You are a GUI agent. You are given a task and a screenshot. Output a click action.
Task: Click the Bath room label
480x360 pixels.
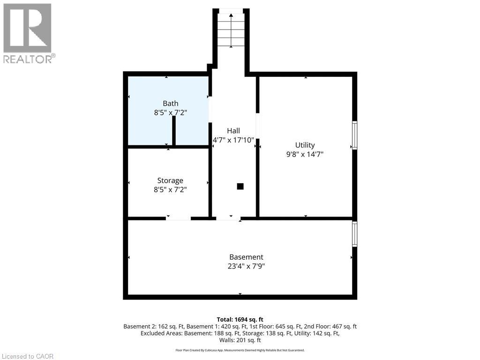[170, 104]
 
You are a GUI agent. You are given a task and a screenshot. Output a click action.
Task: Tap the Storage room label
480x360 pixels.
[170, 180]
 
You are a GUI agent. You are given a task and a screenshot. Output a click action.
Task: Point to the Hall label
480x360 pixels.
[233, 131]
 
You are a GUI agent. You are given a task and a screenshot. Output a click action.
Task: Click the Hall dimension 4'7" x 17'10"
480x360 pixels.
[233, 140]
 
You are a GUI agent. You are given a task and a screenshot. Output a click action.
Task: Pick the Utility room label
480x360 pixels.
[305, 145]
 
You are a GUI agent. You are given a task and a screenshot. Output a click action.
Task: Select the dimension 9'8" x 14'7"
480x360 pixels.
[305, 154]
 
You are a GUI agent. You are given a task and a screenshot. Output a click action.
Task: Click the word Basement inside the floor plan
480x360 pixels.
[246, 257]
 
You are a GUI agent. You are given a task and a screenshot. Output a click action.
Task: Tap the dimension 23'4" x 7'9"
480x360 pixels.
[246, 266]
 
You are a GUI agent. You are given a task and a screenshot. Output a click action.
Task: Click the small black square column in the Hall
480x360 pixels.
[240, 186]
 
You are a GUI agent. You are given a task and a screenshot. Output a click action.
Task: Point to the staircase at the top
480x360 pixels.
[231, 30]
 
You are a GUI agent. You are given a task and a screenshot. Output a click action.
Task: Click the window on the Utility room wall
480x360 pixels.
[355, 135]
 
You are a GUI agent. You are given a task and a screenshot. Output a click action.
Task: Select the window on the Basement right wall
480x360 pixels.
[355, 234]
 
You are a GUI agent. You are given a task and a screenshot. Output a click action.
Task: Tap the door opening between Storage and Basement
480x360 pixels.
[178, 218]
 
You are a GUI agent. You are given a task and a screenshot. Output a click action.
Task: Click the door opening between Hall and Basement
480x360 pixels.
[228, 218]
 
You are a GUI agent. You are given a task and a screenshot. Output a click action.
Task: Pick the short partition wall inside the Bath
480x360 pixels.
[174, 131]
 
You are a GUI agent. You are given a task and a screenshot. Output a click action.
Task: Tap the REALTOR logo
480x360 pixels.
[28, 33]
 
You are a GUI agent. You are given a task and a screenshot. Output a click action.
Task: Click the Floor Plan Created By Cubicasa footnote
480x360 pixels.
[240, 350]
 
